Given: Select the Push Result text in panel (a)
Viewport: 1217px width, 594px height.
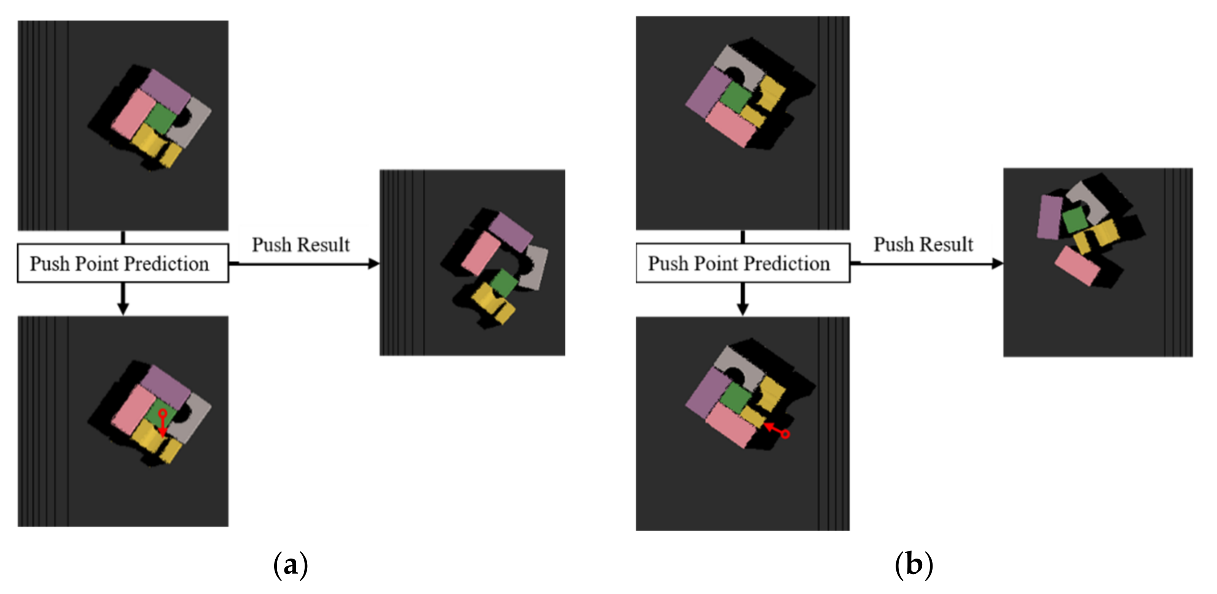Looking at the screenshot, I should coord(301,245).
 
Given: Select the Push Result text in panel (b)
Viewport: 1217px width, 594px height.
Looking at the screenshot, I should coord(923,244).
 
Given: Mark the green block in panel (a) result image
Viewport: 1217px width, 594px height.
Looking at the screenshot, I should coord(504,283).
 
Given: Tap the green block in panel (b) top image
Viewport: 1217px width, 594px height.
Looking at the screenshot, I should coord(735,97).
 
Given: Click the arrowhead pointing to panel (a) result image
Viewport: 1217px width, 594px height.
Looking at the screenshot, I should coord(374,264).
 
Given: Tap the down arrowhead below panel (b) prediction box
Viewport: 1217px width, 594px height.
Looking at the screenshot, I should coord(743,309).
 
